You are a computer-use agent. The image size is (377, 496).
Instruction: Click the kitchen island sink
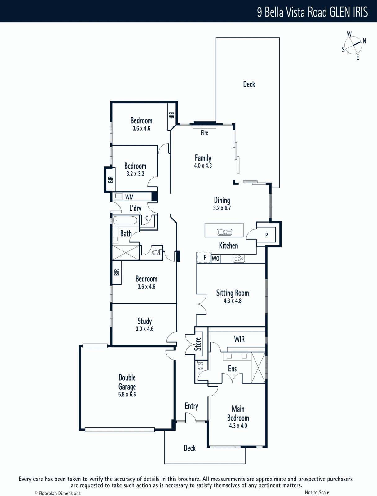point(224,232)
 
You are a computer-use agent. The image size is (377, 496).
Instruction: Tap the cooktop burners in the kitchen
point(239,258)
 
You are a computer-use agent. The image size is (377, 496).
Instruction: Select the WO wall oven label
point(215,259)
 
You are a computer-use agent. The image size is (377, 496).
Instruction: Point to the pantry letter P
point(267,235)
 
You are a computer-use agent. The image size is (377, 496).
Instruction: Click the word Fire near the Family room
point(204,133)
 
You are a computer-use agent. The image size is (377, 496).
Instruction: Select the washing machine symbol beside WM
point(118,196)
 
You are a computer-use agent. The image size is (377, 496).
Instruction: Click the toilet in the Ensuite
point(200,366)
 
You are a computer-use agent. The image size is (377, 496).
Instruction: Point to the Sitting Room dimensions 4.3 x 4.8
point(233,301)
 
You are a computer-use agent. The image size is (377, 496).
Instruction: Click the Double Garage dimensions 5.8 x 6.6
point(127,395)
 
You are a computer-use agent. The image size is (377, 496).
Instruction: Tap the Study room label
point(144,321)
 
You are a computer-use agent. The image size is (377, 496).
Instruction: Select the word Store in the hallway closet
point(198,344)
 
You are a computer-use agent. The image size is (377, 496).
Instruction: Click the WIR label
point(239,339)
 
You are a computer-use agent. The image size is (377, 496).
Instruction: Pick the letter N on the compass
point(364,41)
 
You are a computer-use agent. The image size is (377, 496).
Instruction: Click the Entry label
point(191,406)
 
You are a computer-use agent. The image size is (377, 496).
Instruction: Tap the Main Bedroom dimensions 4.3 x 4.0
point(238,426)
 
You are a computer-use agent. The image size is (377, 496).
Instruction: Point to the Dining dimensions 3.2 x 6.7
point(222,208)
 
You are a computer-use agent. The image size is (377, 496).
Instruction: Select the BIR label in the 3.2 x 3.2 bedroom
point(110,179)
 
